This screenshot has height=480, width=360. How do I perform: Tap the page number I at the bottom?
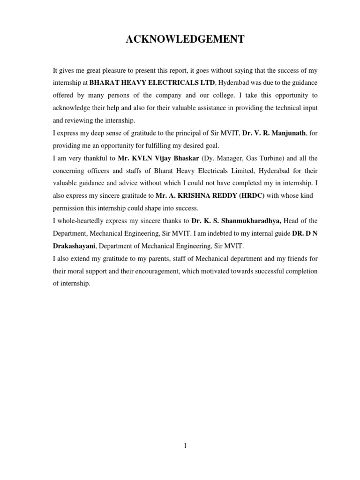point(185,446)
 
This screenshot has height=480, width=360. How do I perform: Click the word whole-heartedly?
point(81,221)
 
